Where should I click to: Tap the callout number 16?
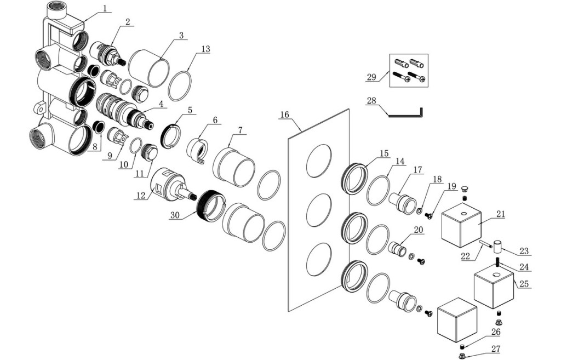pyautogui.click(x=284, y=115)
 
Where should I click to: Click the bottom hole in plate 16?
pyautogui.click(x=319, y=259)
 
